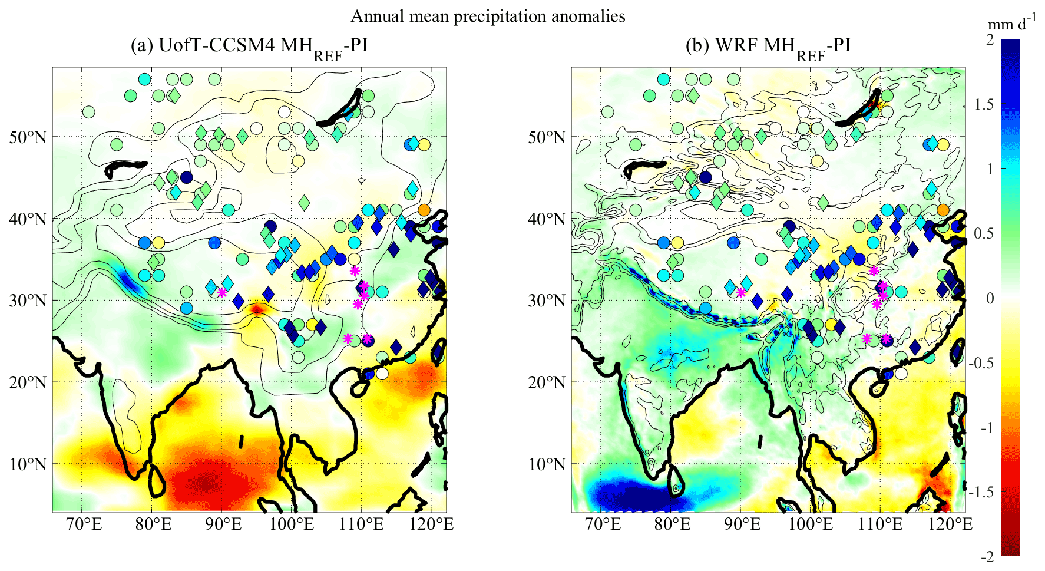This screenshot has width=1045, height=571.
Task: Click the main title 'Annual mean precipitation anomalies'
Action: tap(488, 16)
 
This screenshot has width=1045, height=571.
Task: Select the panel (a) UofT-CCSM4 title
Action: tap(249, 46)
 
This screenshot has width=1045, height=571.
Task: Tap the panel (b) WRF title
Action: tap(768, 46)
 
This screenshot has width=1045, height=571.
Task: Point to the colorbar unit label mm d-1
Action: tap(1011, 24)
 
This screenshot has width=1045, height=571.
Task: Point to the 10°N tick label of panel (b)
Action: tap(546, 464)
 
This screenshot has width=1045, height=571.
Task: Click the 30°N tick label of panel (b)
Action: tap(546, 301)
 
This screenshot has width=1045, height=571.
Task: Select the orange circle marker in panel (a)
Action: tap(424, 209)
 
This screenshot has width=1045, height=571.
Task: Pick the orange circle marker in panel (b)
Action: tap(943, 210)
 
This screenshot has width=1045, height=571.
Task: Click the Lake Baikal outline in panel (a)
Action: tap(340, 108)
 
